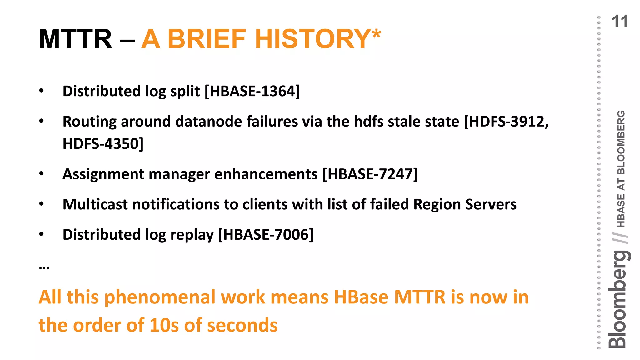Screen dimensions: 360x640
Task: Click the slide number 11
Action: coord(619,22)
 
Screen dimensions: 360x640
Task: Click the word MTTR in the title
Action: coord(75,39)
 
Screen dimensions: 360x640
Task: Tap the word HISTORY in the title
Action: coord(313,39)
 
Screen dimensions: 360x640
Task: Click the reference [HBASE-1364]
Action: coord(252,91)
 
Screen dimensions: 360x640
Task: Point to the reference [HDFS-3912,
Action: coord(506,121)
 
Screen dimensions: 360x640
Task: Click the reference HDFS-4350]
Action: coord(103,144)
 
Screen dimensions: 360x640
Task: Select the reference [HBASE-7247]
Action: coord(370,174)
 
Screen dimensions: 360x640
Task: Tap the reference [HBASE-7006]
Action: coord(266,235)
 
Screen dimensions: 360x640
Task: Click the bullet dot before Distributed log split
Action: coord(42,91)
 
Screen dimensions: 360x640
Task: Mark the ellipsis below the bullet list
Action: coord(44,268)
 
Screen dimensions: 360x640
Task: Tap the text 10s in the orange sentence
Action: coord(164,325)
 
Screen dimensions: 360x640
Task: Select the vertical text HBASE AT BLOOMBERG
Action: coord(621,169)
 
